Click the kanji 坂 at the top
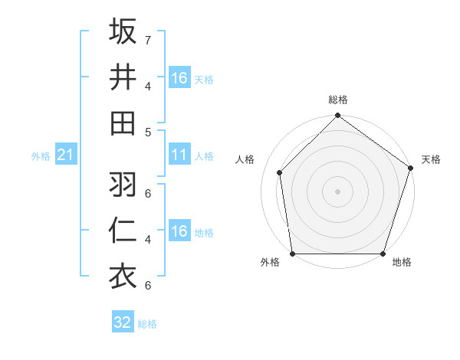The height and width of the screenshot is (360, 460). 123,32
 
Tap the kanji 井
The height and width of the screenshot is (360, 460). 123,77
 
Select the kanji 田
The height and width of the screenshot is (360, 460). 123,123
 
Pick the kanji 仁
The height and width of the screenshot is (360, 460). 123,230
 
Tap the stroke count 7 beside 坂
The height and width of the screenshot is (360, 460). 148,39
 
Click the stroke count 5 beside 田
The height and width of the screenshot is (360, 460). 148,132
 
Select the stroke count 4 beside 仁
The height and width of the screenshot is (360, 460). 148,239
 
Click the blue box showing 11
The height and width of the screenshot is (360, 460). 179,155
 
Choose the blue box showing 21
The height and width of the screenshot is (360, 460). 65,155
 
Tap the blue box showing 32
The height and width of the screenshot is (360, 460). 123,322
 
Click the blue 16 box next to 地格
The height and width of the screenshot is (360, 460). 179,232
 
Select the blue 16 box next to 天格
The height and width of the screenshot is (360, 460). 179,78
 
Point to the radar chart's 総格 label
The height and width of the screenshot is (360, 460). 337,100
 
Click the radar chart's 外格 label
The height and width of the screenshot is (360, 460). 270,263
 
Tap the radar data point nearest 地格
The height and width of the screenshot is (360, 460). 383,254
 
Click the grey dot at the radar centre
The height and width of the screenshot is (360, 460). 337,191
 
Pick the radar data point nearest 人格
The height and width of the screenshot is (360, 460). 280,172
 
